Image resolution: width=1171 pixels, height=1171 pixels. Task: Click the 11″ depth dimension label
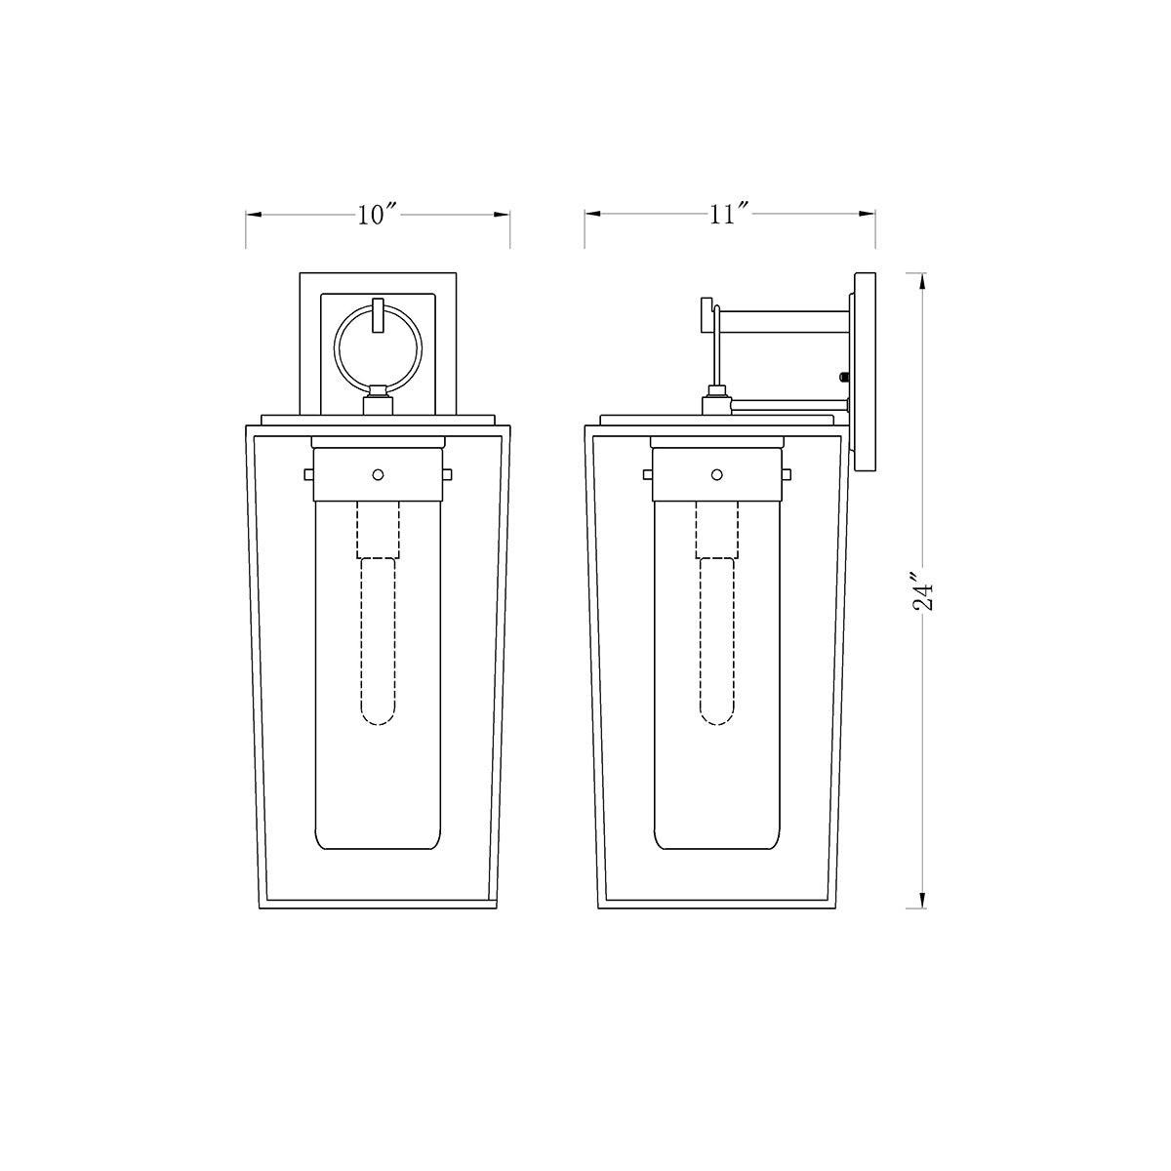click(x=729, y=214)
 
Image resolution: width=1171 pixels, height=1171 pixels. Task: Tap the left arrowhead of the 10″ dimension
click(x=254, y=215)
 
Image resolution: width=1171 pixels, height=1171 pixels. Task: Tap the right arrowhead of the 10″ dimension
click(x=502, y=215)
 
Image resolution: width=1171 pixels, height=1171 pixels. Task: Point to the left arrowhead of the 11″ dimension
click(x=592, y=214)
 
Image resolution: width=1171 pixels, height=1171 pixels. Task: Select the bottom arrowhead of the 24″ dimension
click(x=923, y=900)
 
